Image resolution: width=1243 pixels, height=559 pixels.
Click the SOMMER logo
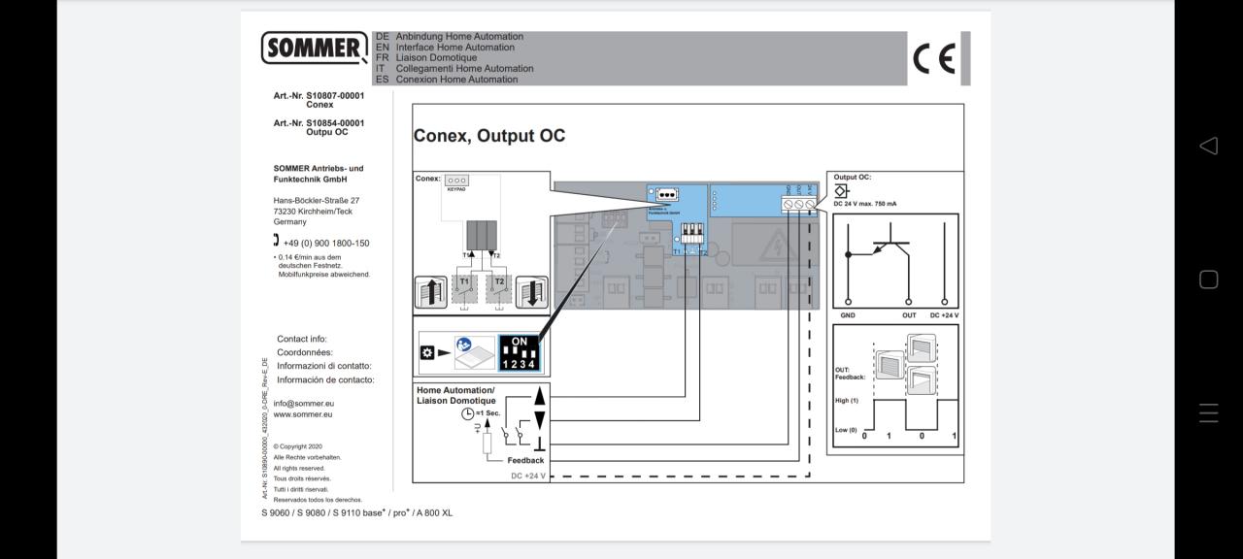(314, 47)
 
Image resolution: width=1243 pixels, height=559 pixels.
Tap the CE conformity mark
(934, 59)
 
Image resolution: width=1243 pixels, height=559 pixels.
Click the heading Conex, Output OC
(489, 136)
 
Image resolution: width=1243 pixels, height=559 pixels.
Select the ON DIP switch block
(520, 353)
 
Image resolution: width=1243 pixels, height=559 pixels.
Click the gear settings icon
(426, 352)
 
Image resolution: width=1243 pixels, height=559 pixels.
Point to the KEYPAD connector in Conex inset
(456, 181)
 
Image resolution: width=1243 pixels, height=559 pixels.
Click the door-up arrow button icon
(430, 292)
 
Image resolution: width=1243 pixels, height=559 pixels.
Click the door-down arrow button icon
(531, 292)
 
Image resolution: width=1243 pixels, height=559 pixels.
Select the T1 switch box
(464, 290)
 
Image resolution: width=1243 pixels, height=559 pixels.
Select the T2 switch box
(498, 290)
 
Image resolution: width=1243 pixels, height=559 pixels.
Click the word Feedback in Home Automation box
(525, 460)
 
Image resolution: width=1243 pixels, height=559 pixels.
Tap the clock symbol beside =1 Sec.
(467, 413)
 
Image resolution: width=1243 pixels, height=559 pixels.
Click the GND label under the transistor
(848, 315)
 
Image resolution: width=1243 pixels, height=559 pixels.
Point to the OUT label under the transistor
(909, 315)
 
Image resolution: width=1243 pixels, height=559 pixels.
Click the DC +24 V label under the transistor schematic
(944, 315)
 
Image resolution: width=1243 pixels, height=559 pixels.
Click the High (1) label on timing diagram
(847, 400)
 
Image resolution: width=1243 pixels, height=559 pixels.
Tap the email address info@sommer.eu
(303, 404)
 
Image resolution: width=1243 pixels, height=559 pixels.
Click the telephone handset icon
(277, 241)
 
